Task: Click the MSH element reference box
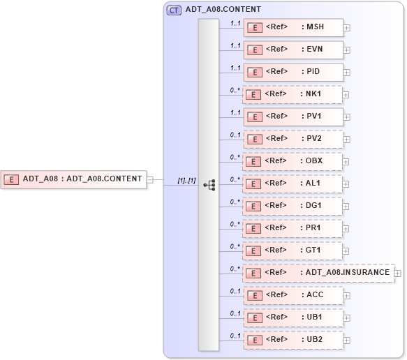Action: click(293, 28)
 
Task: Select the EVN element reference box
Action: click(293, 50)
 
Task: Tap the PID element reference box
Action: click(293, 72)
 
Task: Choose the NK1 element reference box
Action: click(293, 94)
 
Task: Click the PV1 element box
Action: click(293, 117)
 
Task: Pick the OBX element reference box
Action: click(293, 161)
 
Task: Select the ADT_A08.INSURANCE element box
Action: click(318, 273)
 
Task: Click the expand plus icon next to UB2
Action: click(347, 340)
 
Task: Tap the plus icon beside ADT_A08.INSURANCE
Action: click(398, 273)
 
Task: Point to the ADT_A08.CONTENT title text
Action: click(223, 10)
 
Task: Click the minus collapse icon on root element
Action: click(150, 179)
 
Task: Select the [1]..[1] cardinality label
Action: click(186, 181)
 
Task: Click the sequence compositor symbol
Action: click(209, 185)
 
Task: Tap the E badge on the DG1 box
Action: click(256, 207)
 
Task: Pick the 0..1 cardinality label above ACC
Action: click(235, 291)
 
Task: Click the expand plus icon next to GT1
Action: click(347, 251)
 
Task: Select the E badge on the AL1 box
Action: click(256, 184)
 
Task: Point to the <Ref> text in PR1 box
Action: click(277, 228)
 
